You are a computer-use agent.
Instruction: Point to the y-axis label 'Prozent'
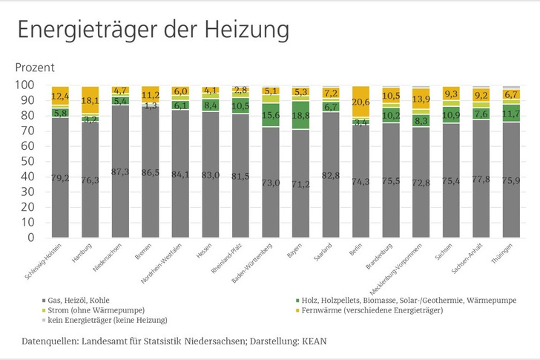point(35,67)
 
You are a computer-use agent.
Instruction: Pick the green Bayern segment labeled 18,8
point(300,115)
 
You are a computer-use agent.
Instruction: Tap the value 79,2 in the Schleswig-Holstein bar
point(61,177)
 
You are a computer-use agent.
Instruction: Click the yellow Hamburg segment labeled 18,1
point(90,99)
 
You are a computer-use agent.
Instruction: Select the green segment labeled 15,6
point(271,114)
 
